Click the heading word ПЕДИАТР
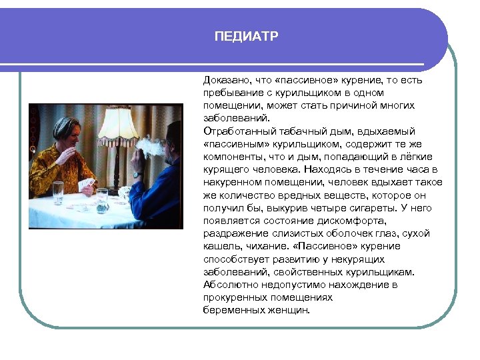click(246, 36)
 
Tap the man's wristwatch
click(137, 175)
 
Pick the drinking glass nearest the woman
click(58, 192)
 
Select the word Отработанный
click(235, 131)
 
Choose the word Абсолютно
click(228, 285)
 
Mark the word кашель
click(219, 246)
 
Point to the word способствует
click(234, 259)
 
